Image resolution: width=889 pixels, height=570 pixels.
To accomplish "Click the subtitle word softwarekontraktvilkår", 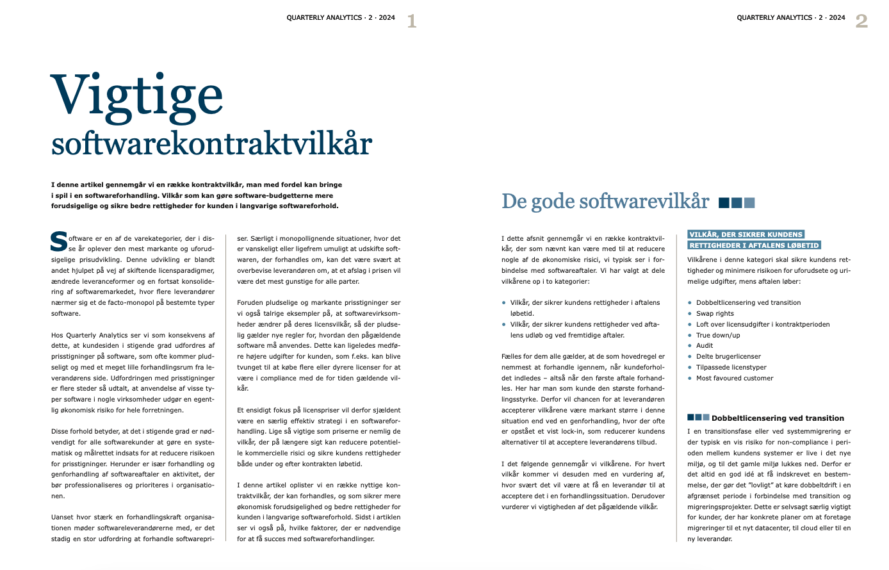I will click(x=211, y=143).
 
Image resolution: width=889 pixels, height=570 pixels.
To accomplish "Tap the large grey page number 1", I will click(x=411, y=22).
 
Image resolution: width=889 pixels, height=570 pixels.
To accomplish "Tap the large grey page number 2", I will click(x=861, y=22).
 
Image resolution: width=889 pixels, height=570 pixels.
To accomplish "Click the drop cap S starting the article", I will click(x=59, y=241).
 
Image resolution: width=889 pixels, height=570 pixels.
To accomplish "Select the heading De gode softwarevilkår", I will click(x=605, y=202).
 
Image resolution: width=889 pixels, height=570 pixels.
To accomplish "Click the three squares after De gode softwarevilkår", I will click(x=737, y=203).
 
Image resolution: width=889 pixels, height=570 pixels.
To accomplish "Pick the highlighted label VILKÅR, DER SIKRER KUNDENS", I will click(x=746, y=234).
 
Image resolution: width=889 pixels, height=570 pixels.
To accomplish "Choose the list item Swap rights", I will click(x=715, y=314).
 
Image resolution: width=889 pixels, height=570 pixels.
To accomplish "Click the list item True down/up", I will click(x=718, y=335).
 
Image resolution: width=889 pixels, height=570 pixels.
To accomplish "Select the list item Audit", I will click(x=705, y=346).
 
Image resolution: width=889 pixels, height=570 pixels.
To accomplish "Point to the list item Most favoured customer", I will click(x=735, y=379).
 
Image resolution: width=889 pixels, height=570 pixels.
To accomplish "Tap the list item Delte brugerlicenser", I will click(x=728, y=357).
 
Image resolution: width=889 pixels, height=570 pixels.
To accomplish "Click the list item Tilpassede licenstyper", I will click(x=731, y=368).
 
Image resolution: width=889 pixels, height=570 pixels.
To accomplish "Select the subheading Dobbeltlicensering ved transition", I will click(x=778, y=418).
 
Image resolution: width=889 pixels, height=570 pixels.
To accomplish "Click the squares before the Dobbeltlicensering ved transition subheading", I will click(x=698, y=418).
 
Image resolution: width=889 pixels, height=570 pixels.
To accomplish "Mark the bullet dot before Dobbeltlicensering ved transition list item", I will click(x=690, y=303).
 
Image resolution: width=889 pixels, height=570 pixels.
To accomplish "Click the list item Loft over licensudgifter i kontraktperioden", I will click(x=763, y=325).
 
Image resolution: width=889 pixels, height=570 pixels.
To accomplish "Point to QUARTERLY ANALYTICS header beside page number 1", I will click(x=341, y=18).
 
